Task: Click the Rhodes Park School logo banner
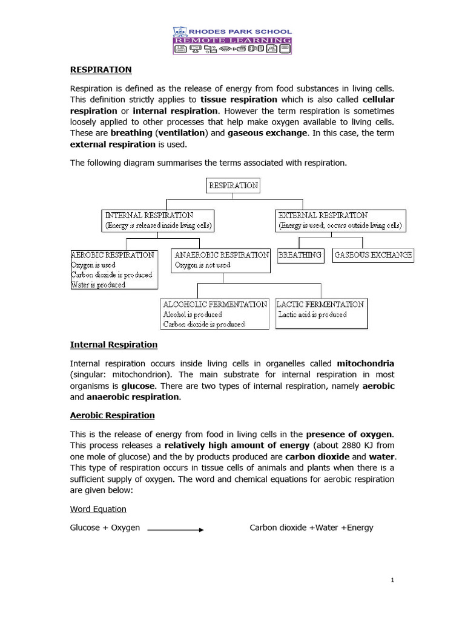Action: (x=232, y=41)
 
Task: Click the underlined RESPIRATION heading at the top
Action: (x=101, y=70)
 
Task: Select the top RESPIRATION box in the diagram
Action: (x=233, y=186)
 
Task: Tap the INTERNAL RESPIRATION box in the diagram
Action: (x=158, y=221)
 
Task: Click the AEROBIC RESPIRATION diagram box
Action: (x=114, y=270)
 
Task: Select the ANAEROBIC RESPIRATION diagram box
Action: (x=221, y=261)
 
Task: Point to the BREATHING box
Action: (x=300, y=255)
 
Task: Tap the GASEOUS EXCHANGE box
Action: (x=373, y=255)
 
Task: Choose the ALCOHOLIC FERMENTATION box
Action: (x=214, y=314)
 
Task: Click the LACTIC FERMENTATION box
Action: (x=321, y=313)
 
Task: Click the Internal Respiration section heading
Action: (x=114, y=345)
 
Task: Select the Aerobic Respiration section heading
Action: (x=113, y=415)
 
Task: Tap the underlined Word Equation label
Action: (x=98, y=510)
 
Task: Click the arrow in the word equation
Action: (x=176, y=530)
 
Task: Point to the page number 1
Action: (x=392, y=580)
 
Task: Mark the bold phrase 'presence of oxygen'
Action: (x=349, y=434)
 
